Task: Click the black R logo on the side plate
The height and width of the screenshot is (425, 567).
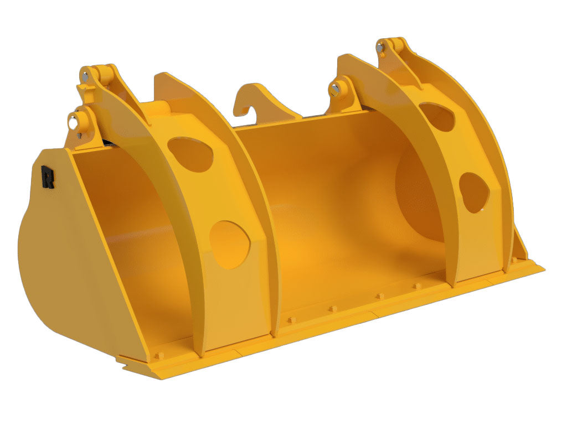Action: [48, 177]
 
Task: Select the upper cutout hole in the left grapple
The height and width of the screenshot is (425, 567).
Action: [190, 153]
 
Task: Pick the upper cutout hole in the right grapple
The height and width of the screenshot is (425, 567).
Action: [437, 117]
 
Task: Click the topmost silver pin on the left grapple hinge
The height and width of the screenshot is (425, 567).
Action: [86, 76]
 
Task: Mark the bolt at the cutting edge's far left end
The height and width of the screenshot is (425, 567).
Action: [159, 355]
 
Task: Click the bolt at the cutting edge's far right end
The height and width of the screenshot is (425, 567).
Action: [514, 259]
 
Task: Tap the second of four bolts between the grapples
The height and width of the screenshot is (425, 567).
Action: [332, 308]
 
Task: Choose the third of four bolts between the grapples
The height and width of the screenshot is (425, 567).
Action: [380, 296]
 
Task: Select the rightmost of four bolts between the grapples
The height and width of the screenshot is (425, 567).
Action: [416, 286]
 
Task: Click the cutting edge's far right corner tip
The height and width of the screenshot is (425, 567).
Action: [543, 269]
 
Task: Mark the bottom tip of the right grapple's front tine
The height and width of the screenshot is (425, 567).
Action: [454, 284]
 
